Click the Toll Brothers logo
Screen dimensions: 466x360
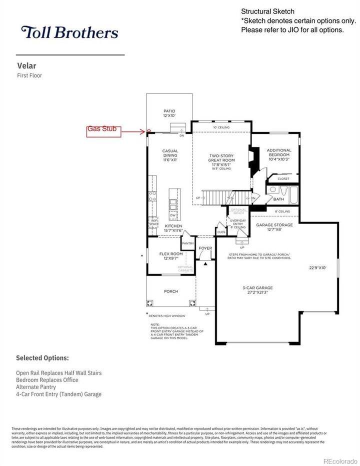(x=69, y=33)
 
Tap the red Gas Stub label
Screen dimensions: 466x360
(x=102, y=129)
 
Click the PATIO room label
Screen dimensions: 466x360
(x=169, y=113)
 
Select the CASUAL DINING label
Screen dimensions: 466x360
(x=170, y=153)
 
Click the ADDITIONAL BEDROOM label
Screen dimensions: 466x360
(x=278, y=153)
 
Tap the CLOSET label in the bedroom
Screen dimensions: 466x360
(x=283, y=178)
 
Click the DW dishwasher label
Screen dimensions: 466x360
(x=172, y=215)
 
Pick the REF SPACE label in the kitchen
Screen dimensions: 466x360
(x=154, y=223)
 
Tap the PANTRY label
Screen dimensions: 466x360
(x=188, y=243)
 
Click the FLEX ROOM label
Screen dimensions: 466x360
(x=171, y=256)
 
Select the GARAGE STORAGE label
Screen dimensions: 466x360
(x=274, y=227)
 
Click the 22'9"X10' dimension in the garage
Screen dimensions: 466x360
(x=317, y=267)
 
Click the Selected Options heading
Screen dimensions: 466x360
(x=42, y=358)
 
